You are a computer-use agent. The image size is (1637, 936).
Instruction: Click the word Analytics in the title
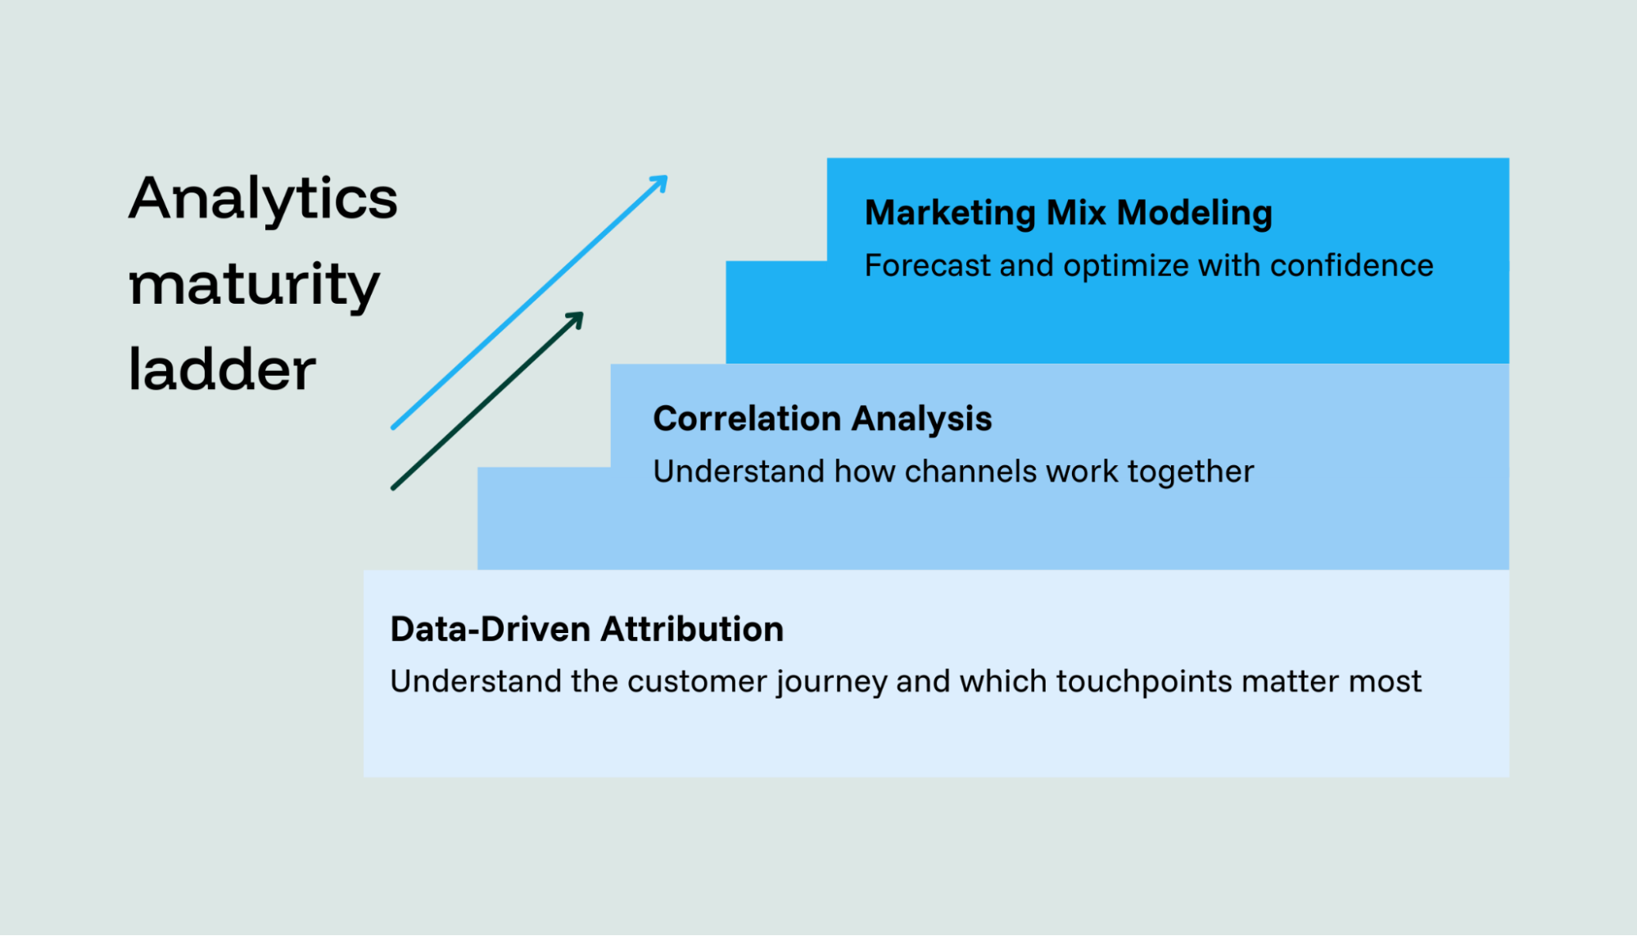(x=263, y=198)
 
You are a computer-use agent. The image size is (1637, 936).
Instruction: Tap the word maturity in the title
(x=254, y=285)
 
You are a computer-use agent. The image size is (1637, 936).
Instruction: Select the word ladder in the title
(x=222, y=370)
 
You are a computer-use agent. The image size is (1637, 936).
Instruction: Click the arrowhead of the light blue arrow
(x=660, y=183)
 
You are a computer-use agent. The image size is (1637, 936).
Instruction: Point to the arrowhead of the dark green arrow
(x=576, y=319)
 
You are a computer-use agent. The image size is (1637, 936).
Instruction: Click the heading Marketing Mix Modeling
(x=1068, y=213)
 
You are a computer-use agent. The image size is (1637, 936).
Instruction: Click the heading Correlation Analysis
(x=821, y=419)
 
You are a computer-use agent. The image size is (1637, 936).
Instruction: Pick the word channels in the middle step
(x=970, y=472)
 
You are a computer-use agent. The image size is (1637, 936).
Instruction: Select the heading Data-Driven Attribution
(x=586, y=629)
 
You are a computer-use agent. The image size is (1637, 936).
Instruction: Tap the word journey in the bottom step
(x=831, y=682)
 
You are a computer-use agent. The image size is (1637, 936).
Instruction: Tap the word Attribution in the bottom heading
(x=691, y=629)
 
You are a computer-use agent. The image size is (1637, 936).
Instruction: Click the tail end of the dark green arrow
(x=395, y=487)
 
